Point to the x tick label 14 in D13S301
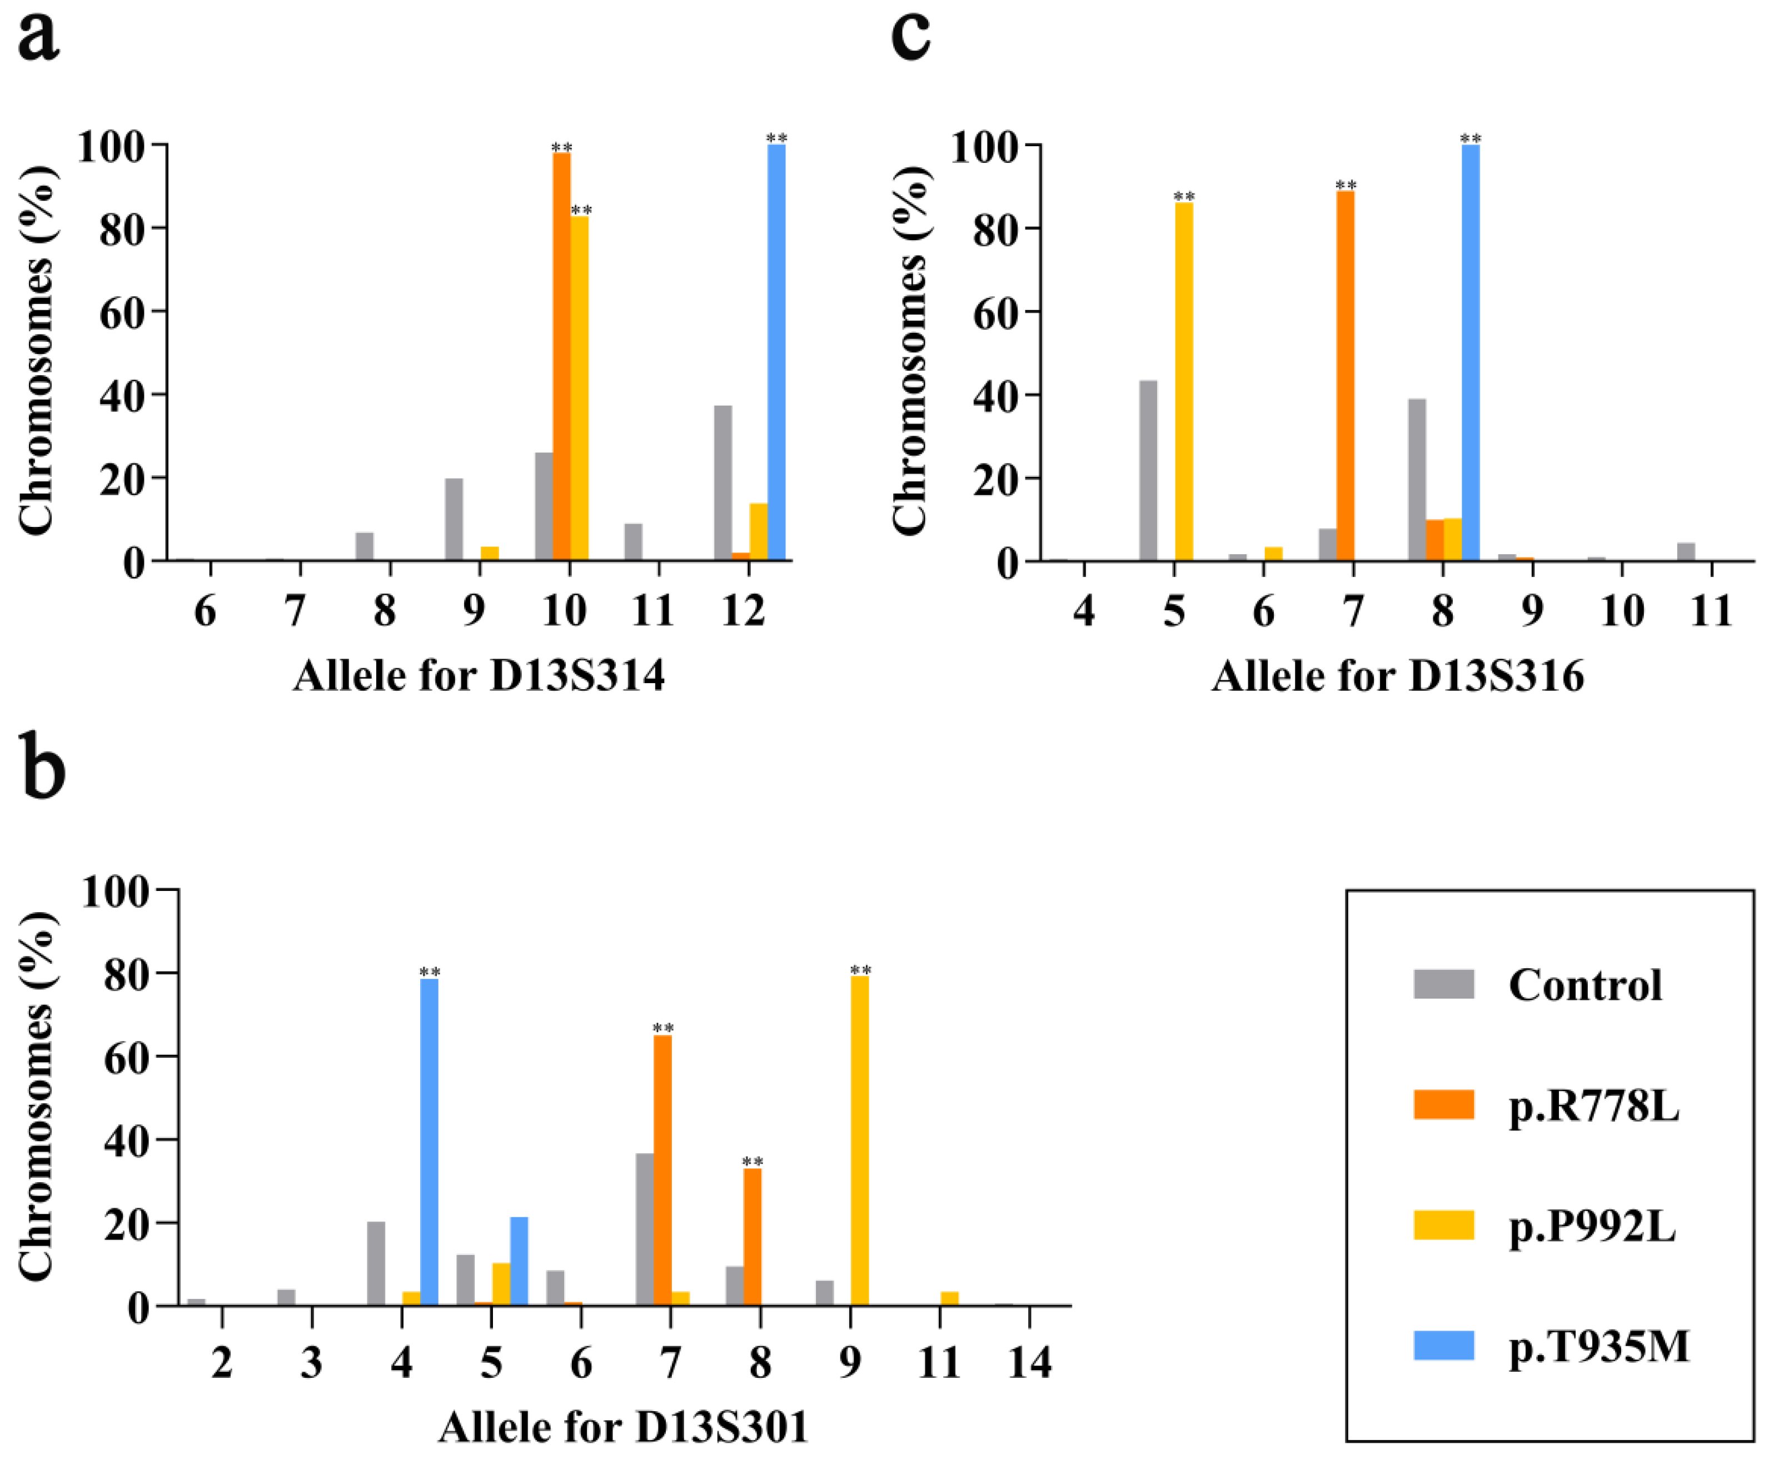[1029, 1362]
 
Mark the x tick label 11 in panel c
[1711, 611]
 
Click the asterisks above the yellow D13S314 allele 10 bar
[581, 209]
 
